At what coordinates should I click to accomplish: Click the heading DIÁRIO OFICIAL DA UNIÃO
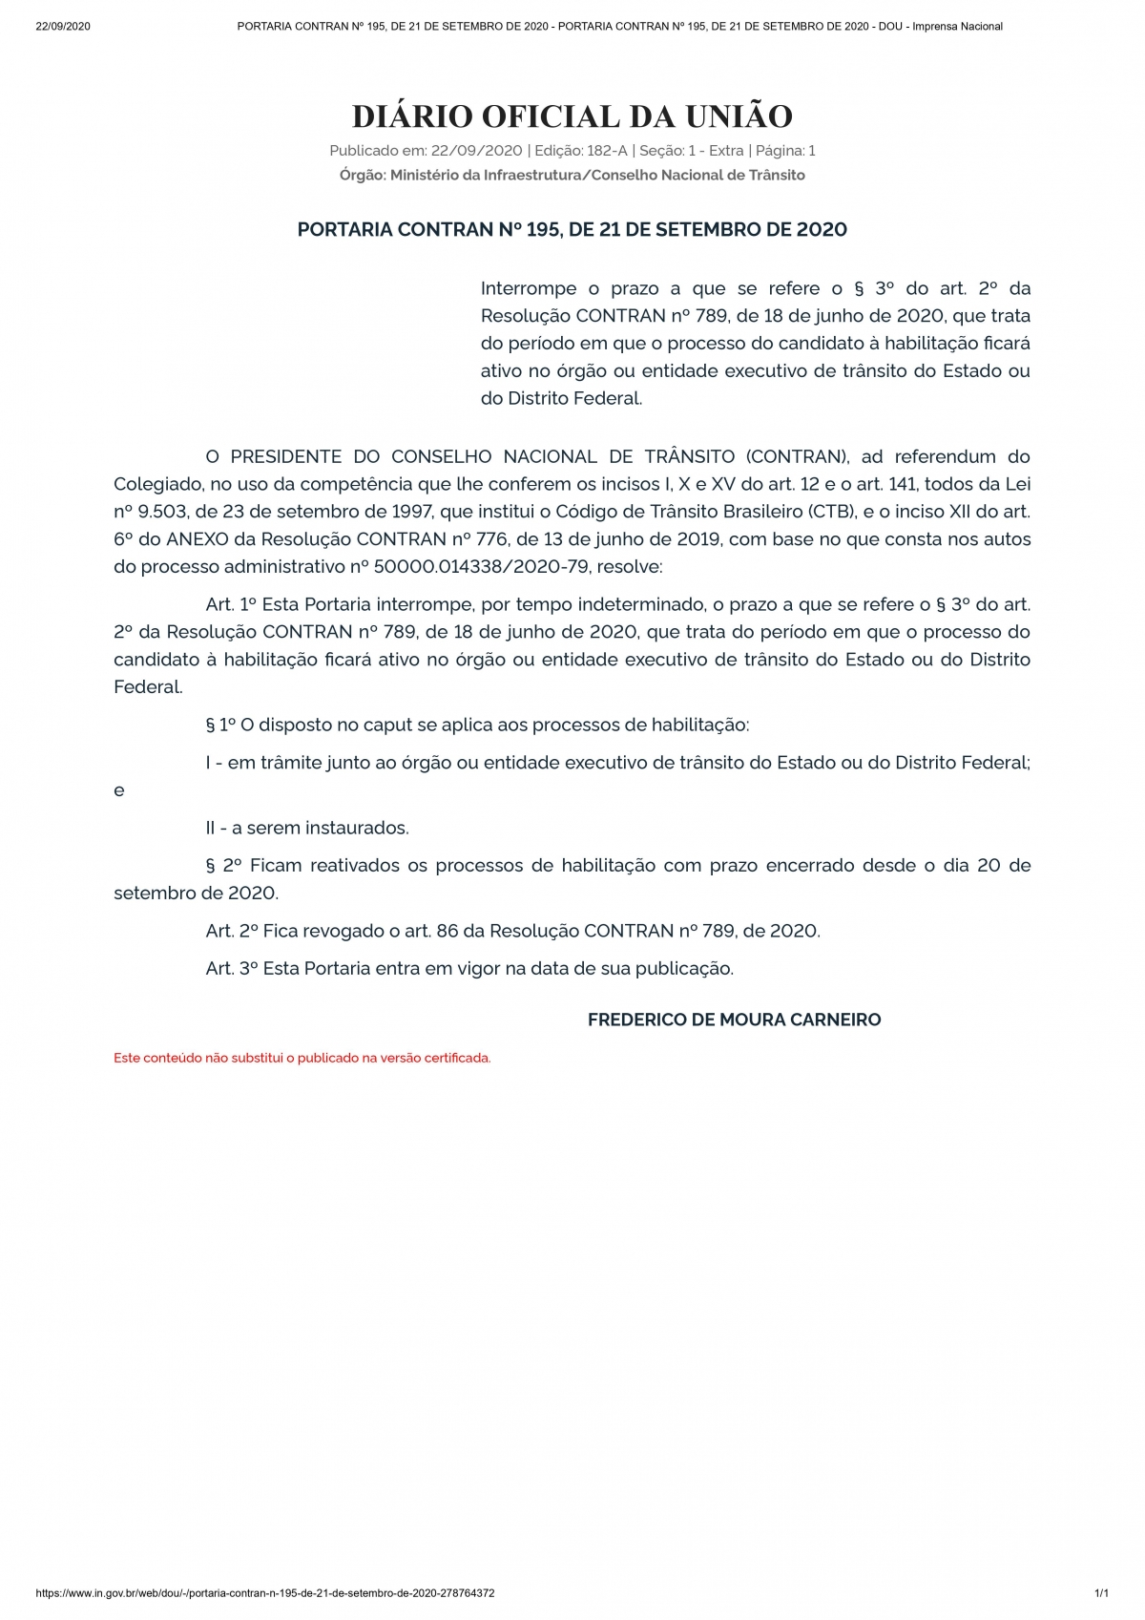click(x=572, y=116)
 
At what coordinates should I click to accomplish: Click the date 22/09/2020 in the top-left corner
click(x=62, y=26)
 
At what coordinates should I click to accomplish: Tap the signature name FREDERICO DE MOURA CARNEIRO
click(x=734, y=1020)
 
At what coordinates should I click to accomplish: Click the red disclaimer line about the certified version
click(x=302, y=1058)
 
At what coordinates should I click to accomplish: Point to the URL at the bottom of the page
click(x=265, y=1593)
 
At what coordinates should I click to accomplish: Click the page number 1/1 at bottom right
click(x=1101, y=1593)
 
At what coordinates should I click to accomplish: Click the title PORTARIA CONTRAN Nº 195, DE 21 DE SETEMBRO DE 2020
click(x=572, y=229)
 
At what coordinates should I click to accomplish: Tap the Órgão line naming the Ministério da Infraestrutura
click(x=572, y=175)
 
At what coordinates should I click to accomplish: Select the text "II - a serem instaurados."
click(x=307, y=828)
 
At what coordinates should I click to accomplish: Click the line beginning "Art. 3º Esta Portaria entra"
click(x=469, y=968)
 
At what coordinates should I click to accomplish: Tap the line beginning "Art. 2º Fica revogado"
click(x=512, y=930)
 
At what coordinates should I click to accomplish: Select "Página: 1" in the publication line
click(x=785, y=151)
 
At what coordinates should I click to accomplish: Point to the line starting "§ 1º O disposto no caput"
click(x=477, y=725)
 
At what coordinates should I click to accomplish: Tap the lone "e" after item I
click(x=119, y=790)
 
